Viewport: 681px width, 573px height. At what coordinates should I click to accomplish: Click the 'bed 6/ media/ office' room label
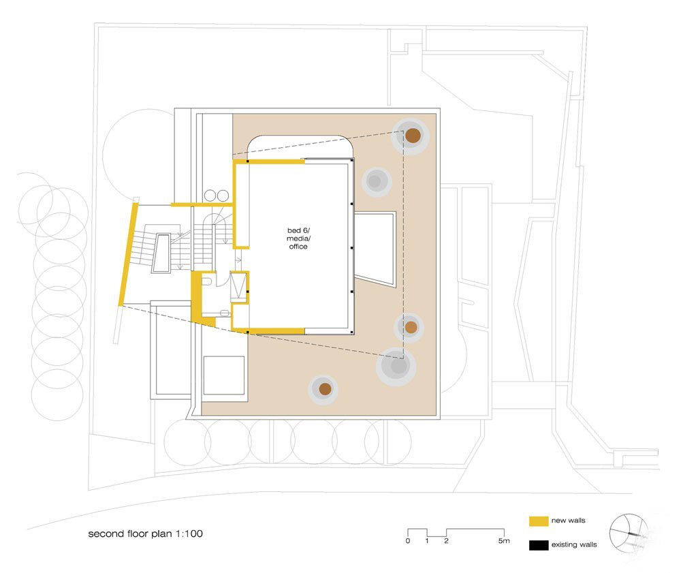(x=298, y=238)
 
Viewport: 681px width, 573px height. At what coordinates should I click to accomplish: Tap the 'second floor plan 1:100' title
(x=146, y=533)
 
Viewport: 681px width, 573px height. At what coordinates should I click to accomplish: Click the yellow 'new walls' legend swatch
(x=539, y=521)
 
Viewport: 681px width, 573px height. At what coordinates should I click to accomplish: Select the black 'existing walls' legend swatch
(x=539, y=545)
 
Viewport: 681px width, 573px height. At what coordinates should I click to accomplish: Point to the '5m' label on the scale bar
(x=504, y=541)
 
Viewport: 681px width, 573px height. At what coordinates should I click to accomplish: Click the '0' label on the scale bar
(x=407, y=541)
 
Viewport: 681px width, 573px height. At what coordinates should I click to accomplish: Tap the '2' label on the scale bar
(x=446, y=541)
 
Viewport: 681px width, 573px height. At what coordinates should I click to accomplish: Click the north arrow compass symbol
(x=629, y=533)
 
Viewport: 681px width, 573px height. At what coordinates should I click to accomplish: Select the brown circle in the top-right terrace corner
(x=413, y=136)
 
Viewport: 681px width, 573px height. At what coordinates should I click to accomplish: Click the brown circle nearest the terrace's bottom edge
(x=325, y=389)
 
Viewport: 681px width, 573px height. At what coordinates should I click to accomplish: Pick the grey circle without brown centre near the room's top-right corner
(x=377, y=181)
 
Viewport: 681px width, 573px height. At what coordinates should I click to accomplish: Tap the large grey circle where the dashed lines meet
(x=396, y=367)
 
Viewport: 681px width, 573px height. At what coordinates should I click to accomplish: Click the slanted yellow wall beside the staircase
(x=128, y=255)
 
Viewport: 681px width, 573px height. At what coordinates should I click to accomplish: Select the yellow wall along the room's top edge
(x=269, y=161)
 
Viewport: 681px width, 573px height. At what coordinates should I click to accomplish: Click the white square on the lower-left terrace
(x=224, y=375)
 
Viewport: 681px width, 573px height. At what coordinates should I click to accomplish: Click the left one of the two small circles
(x=210, y=196)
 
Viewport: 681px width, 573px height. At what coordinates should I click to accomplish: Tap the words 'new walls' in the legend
(x=568, y=521)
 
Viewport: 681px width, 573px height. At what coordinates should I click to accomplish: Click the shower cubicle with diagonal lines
(x=238, y=287)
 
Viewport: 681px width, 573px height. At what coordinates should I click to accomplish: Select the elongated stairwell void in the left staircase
(x=161, y=253)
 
